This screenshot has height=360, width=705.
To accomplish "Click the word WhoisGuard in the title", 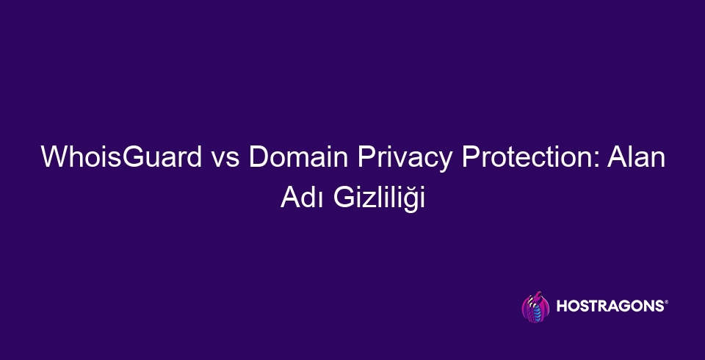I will coord(121,159).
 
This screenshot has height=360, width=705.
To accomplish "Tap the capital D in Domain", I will coord(258,159).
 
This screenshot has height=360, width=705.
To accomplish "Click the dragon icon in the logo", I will coord(534,306).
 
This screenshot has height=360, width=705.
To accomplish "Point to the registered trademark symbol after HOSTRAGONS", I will coord(666,302).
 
